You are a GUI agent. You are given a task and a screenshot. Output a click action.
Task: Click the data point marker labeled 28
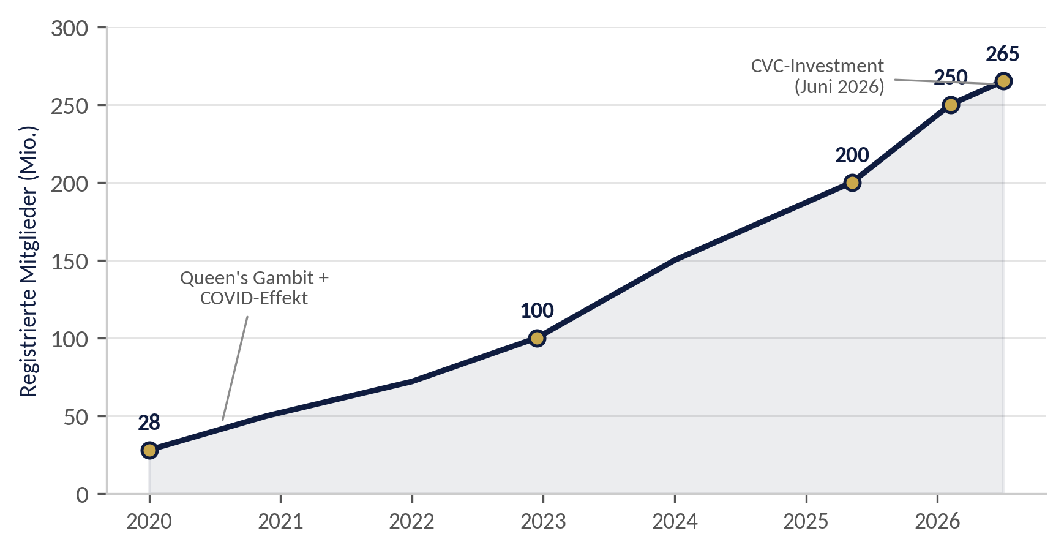149,450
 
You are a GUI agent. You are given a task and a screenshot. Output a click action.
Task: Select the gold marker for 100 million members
537,338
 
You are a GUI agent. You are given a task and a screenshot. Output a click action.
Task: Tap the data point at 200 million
852,183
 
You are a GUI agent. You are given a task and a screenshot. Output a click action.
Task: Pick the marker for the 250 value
951,105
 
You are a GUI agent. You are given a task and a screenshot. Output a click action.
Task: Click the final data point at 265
1003,81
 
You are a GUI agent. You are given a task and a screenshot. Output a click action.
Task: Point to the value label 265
1003,55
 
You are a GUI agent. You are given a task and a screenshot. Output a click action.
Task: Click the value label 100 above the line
537,311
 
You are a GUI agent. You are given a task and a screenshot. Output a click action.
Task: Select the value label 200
852,156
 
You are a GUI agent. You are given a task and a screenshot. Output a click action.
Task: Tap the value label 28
149,423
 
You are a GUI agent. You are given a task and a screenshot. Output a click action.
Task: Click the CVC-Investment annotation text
818,76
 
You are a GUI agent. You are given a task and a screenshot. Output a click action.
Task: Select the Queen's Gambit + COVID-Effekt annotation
254,288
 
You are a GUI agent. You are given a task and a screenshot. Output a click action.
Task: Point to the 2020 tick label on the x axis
149,521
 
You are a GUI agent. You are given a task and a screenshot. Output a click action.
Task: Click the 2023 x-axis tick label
543,521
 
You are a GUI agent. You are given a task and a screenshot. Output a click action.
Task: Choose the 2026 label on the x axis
937,521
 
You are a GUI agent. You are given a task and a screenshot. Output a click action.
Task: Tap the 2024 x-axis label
675,521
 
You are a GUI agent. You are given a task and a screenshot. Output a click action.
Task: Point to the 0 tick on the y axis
83,494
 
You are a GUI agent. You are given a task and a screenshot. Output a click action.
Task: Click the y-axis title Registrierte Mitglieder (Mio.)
29,261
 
